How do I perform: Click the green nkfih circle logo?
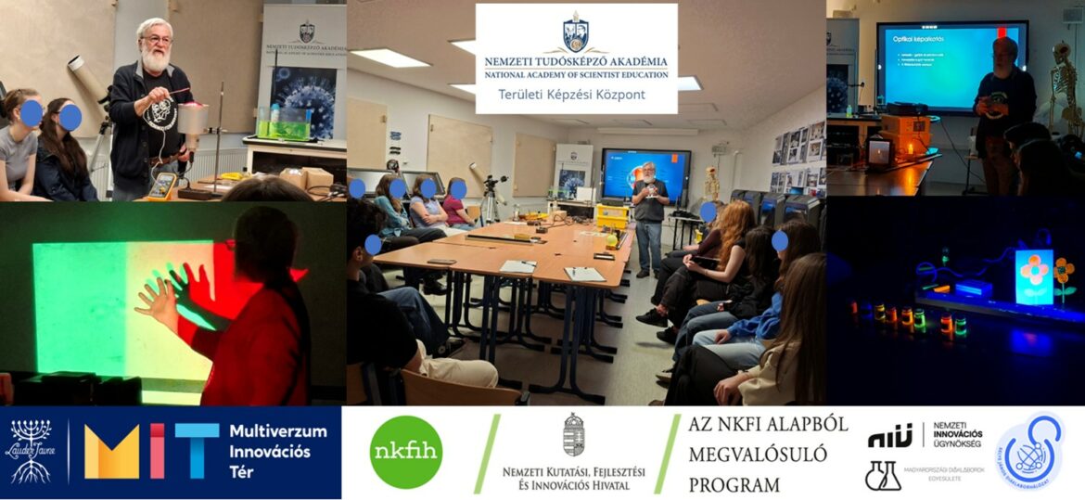(x=405, y=452)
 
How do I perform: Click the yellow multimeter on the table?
(x=163, y=185)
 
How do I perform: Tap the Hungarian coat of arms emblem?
(x=574, y=434)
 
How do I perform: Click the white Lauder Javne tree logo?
(x=31, y=451)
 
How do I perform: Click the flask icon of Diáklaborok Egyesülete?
(x=882, y=475)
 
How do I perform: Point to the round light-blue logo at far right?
(x=1029, y=452)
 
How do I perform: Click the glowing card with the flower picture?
(x=1034, y=276)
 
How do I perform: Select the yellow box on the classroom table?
(x=612, y=215)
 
